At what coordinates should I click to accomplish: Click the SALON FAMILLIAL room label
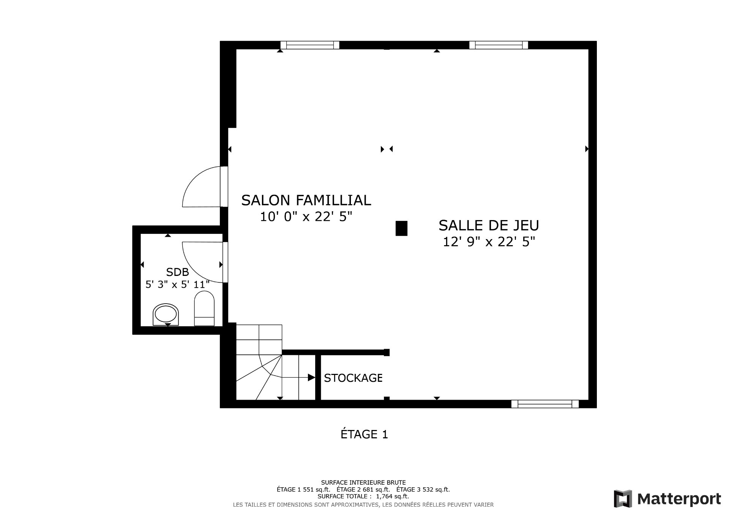(306, 200)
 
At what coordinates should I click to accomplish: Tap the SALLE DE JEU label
(489, 225)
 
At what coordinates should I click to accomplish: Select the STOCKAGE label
(353, 378)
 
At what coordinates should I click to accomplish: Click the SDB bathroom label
(177, 272)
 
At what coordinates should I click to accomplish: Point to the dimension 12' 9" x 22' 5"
(489, 242)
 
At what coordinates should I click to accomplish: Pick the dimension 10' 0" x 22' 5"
(306, 217)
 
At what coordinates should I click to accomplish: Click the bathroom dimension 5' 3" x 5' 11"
(177, 284)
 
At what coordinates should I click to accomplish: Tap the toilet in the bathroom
(204, 308)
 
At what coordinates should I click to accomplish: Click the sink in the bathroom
(166, 315)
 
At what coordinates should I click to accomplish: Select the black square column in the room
(401, 228)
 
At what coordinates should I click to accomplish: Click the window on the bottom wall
(545, 404)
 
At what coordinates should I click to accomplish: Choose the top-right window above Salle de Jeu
(499, 45)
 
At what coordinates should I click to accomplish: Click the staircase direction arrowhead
(312, 377)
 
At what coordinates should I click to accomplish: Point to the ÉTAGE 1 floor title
(364, 434)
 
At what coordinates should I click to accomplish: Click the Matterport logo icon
(623, 499)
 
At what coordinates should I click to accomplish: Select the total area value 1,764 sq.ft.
(393, 496)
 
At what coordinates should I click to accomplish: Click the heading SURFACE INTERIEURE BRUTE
(363, 483)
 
